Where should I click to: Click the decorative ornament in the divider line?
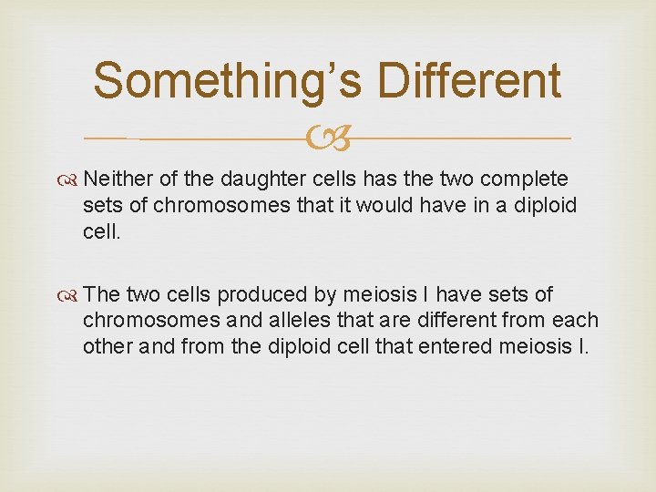327,138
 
